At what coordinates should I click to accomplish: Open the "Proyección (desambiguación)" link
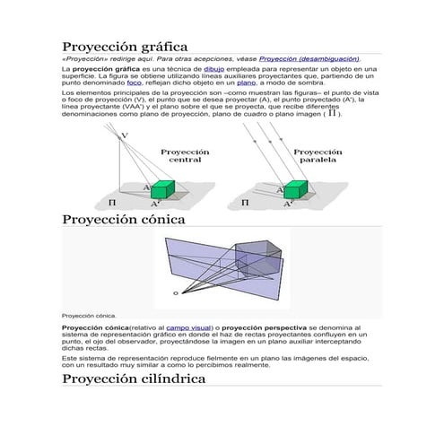pyautogui.click(x=309, y=58)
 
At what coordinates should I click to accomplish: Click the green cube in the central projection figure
pyautogui.click(x=161, y=189)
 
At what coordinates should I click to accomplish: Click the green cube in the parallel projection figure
pyautogui.click(x=297, y=187)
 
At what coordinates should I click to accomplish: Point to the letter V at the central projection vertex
pyautogui.click(x=124, y=135)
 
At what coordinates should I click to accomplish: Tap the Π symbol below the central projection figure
pyautogui.click(x=112, y=203)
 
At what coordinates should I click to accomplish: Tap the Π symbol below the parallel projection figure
pyautogui.click(x=247, y=203)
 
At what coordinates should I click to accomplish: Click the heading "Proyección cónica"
pyautogui.click(x=123, y=220)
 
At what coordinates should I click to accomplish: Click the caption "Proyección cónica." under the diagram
pyautogui.click(x=90, y=316)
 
